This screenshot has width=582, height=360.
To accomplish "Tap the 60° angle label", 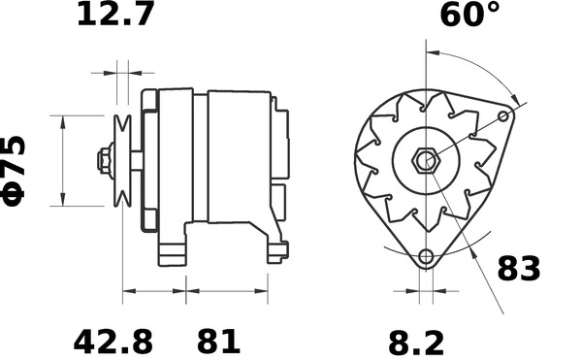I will pos(469,16).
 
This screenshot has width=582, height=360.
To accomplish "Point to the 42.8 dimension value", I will pos(113,342).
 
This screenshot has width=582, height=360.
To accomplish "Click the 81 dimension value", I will pos(218,342).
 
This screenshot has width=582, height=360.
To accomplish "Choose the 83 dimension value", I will pos(519,269).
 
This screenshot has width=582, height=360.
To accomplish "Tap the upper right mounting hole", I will pos(503,116).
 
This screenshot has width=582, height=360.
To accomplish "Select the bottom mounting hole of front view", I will pos(425,258).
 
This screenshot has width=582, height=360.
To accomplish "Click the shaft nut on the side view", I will pos(103,161).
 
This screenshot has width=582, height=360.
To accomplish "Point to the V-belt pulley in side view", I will pos(124,161).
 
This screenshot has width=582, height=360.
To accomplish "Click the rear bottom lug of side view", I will pos(277,250).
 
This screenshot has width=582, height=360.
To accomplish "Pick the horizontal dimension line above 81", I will pos(227,290).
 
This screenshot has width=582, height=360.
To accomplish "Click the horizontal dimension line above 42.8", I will pos(153,290).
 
